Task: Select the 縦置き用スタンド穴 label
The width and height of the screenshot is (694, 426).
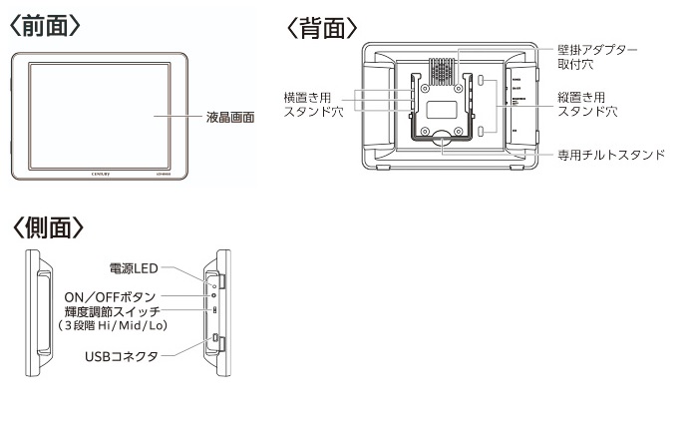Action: (x=587, y=106)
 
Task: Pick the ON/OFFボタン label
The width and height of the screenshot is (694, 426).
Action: (x=111, y=296)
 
